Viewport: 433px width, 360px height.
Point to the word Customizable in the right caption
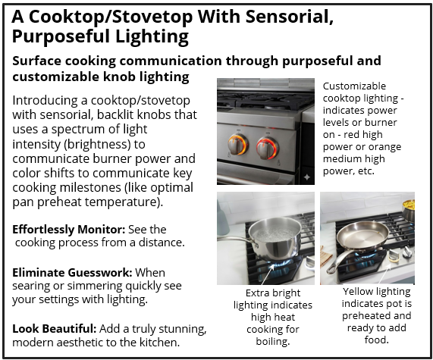pos(355,86)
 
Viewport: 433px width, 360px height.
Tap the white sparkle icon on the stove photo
pos(306,177)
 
